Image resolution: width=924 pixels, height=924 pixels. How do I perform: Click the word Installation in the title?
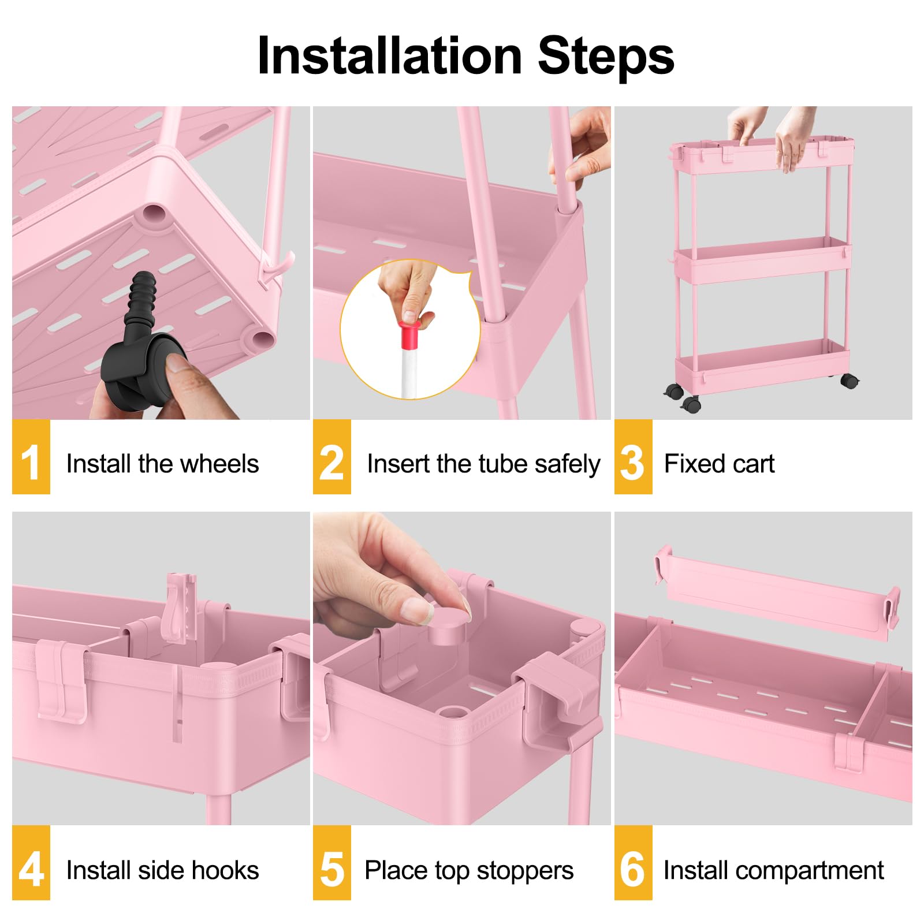tap(390, 56)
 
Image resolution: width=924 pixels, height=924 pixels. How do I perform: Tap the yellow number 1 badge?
tap(31, 457)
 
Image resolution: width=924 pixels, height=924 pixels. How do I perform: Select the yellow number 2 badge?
tap(331, 457)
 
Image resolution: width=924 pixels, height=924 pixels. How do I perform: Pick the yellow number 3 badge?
tap(632, 457)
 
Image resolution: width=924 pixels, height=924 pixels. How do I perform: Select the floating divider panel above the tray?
tap(777, 595)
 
